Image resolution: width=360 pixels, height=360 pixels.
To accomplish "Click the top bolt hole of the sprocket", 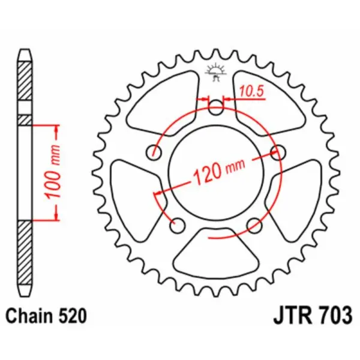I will [216, 108].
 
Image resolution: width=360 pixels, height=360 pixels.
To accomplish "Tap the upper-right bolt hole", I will [277, 152].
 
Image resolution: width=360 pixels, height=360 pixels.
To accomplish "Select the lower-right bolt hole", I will [254, 224].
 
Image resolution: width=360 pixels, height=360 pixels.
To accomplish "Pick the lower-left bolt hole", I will [177, 226].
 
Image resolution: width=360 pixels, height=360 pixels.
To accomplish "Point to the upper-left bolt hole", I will [155, 152].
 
